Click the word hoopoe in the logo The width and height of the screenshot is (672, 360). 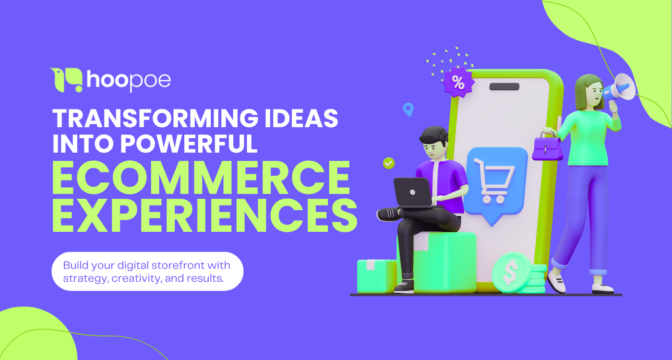[x=128, y=81]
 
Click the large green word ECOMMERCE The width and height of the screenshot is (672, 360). [x=201, y=178]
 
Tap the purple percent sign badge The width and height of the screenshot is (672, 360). [x=458, y=83]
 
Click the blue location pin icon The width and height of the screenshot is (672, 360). [x=408, y=109]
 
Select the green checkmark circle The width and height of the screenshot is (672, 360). [x=389, y=163]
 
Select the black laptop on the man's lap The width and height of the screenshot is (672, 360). [x=412, y=192]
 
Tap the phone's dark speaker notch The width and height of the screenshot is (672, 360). [x=504, y=87]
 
